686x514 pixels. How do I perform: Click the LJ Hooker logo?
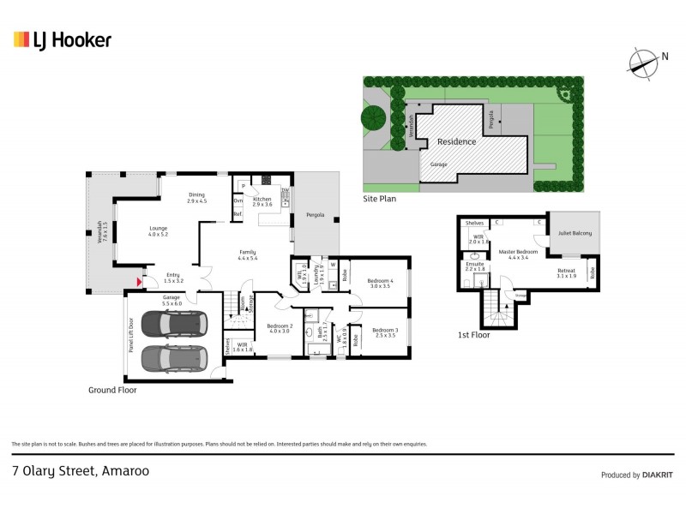pyautogui.click(x=62, y=39)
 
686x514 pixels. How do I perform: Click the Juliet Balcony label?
pyautogui.click(x=575, y=233)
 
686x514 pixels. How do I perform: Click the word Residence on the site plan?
pyautogui.click(x=456, y=141)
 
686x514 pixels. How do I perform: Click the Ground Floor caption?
pyautogui.click(x=112, y=390)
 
